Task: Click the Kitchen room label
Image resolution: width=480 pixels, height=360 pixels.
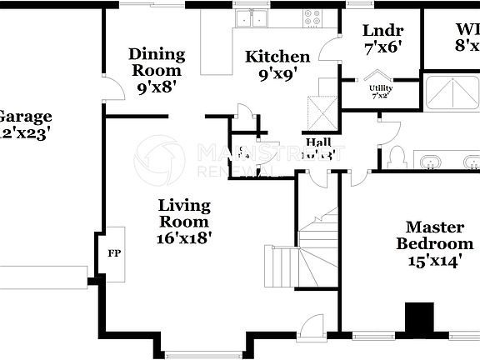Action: tap(277, 65)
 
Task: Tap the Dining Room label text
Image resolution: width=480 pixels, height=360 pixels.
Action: tap(157, 69)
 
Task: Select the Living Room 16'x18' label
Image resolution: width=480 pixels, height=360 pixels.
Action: tap(184, 221)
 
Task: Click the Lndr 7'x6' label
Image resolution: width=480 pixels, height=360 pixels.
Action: tap(382, 39)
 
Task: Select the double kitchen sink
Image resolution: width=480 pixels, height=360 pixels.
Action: tap(251, 17)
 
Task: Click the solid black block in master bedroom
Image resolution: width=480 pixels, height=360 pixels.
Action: tap(419, 317)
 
